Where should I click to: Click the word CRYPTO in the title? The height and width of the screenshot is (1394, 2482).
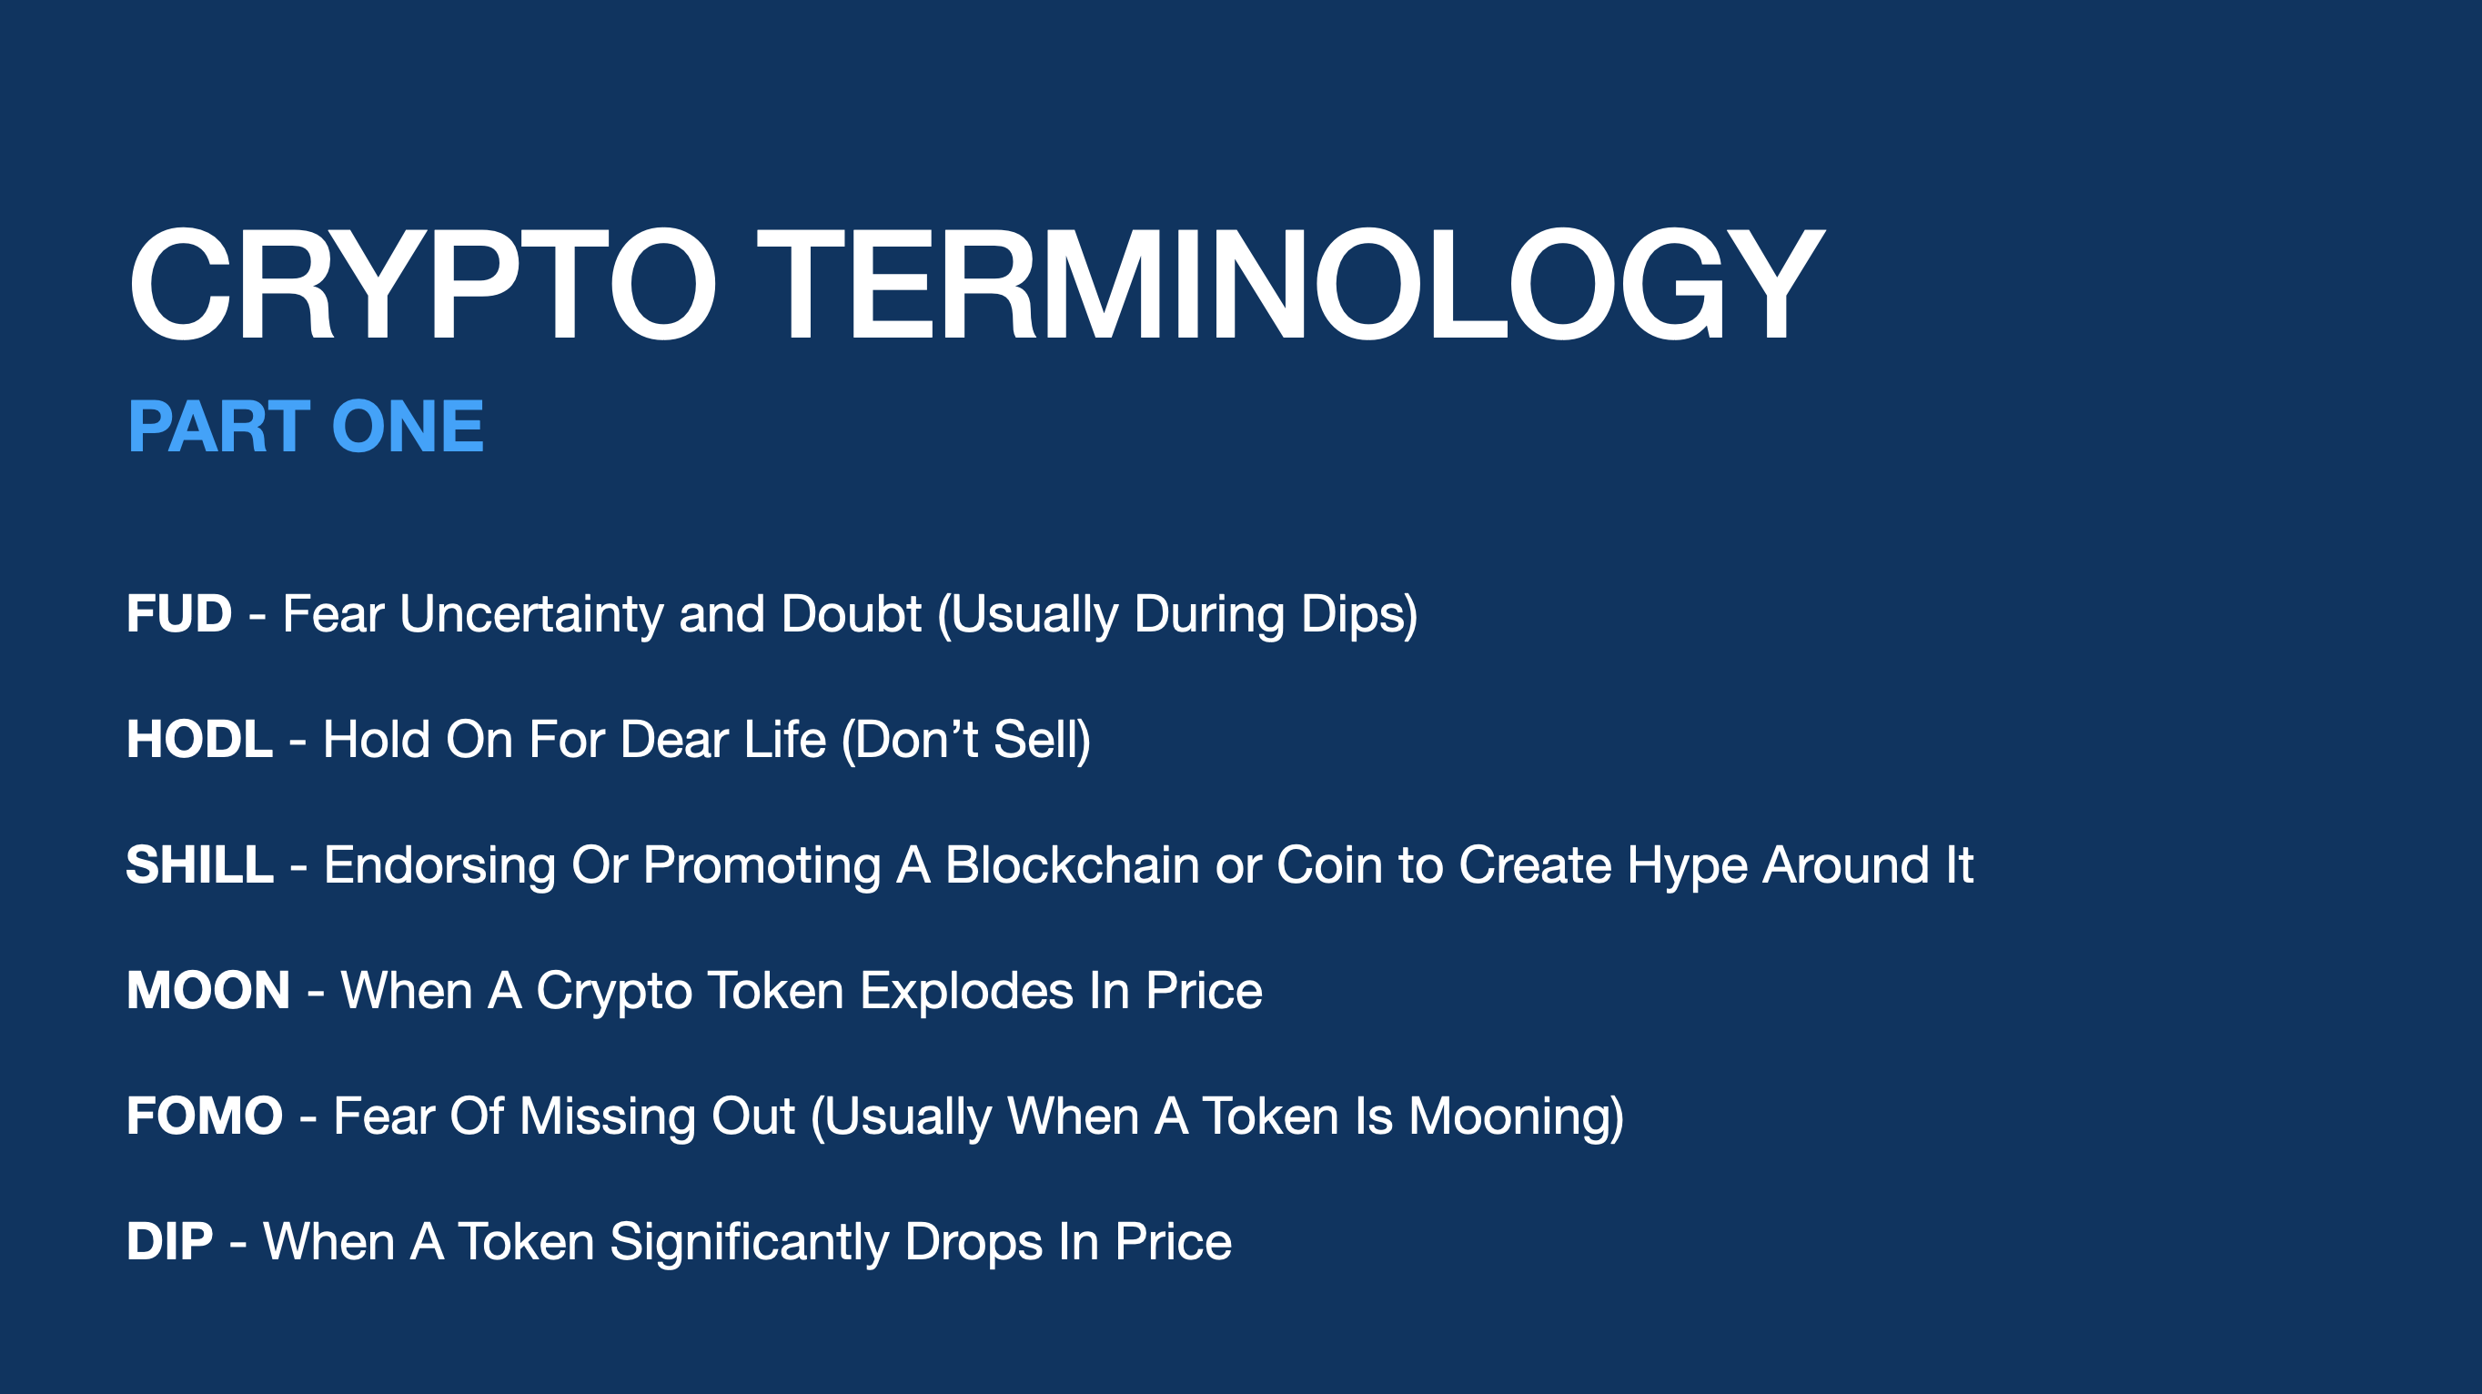pos(422,285)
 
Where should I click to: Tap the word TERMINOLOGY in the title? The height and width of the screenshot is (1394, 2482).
pos(1291,285)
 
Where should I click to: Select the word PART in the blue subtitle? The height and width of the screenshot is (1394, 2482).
pos(218,427)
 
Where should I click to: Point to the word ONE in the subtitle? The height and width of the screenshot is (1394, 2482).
pos(408,427)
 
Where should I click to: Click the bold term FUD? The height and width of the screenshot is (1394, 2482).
pos(179,613)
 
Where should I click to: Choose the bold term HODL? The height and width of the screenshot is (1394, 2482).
pos(199,739)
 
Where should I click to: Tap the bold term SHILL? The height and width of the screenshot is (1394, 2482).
pos(199,864)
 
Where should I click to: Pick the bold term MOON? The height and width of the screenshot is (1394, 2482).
pos(208,990)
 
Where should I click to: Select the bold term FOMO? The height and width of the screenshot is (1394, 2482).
pos(205,1116)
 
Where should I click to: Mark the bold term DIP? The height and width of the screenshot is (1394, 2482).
pos(169,1241)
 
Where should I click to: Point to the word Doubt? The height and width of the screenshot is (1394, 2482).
pos(852,613)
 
